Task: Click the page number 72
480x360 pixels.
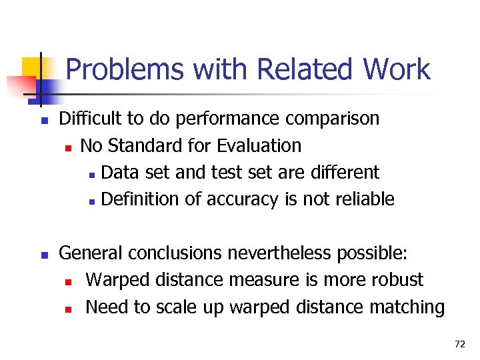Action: click(x=459, y=344)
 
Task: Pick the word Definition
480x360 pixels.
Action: click(x=143, y=199)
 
